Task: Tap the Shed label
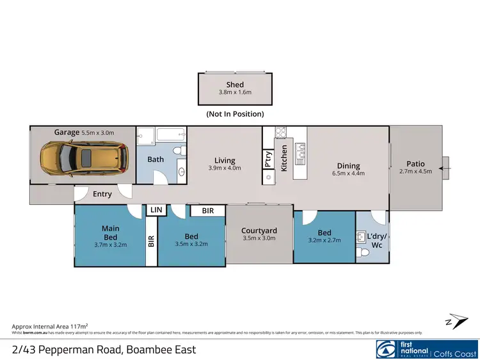(235, 85)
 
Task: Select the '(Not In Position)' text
(235, 114)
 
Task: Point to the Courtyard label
(259, 231)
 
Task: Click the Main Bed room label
(111, 233)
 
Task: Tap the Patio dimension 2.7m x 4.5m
(416, 171)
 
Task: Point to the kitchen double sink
(300, 153)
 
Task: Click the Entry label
(102, 194)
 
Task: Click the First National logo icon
(387, 348)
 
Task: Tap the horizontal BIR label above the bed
(208, 210)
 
